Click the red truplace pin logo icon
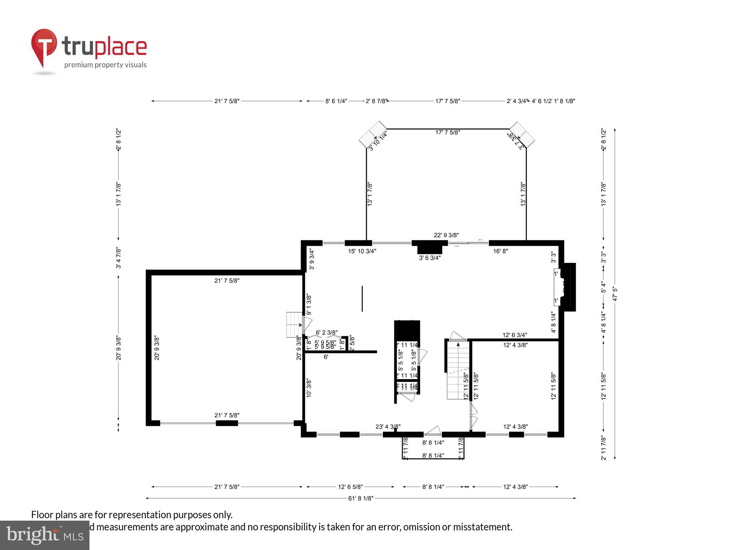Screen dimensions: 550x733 [x=44, y=47]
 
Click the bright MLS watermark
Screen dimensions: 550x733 [x=44, y=535]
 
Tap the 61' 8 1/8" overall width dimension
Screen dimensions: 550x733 [x=360, y=498]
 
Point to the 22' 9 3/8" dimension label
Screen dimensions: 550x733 [x=446, y=235]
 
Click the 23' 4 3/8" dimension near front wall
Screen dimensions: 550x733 [x=388, y=426]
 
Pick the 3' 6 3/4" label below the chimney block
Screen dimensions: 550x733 [x=429, y=257]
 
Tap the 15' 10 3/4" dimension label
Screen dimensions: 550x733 [x=362, y=251]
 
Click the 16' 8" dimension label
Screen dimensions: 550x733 [x=500, y=251]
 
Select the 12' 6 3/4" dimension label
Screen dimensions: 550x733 [x=515, y=335]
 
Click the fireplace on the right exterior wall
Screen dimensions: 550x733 [x=565, y=287]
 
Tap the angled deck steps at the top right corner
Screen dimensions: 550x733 [x=522, y=135]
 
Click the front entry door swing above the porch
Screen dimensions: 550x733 [x=433, y=430]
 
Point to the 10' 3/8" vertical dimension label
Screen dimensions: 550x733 [x=309, y=388]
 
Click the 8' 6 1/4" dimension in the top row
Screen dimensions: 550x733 [x=336, y=101]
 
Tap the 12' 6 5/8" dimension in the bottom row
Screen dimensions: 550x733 [x=350, y=487]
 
